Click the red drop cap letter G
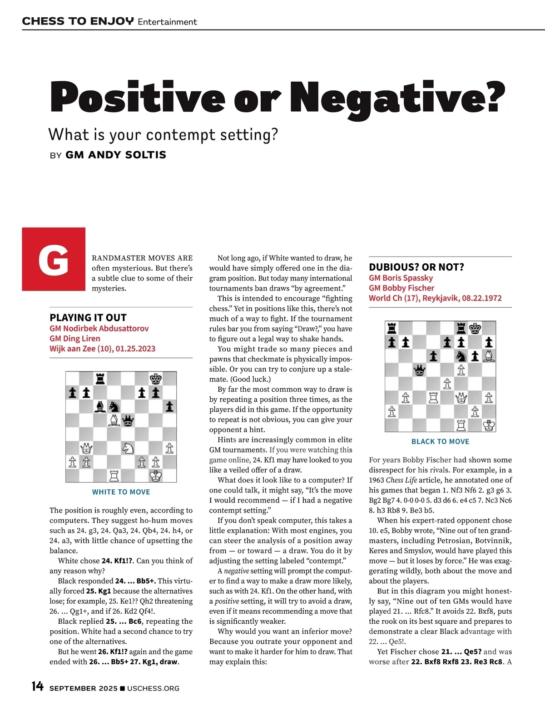tap(54, 260)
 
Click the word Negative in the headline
tap(400, 98)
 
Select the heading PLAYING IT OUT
tap(88, 317)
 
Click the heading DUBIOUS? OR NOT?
tap(416, 267)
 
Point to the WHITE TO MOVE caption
tap(121, 492)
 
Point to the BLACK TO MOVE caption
tap(440, 441)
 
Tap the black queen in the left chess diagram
tap(129, 420)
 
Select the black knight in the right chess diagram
tap(461, 356)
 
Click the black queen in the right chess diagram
tap(420, 370)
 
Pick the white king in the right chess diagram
tap(489, 425)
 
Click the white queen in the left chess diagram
tap(86, 448)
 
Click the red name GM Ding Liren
tap(75, 338)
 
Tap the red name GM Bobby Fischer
tap(401, 288)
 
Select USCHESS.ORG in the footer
tap(153, 688)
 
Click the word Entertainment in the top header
tap(167, 22)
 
